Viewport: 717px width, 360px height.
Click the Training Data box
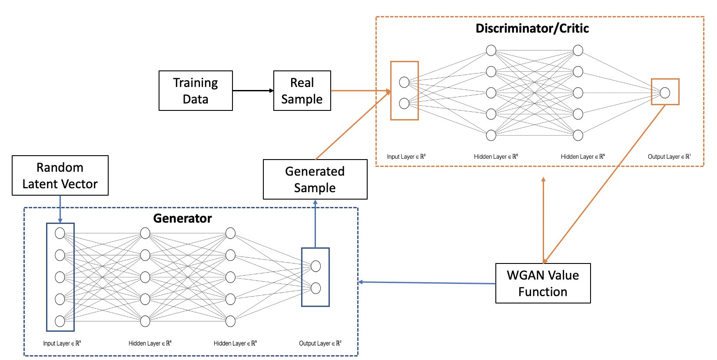(x=196, y=90)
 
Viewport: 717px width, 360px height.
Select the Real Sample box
(x=302, y=90)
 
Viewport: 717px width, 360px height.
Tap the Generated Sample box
(x=315, y=179)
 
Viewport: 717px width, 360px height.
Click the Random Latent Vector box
(x=60, y=175)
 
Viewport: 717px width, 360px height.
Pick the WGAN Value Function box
(x=543, y=283)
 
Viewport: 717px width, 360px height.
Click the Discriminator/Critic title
(x=532, y=28)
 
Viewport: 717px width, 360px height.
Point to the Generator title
(x=183, y=218)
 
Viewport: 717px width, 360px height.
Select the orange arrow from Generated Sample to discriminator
(x=352, y=126)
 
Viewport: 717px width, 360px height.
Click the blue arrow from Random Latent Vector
(x=60, y=209)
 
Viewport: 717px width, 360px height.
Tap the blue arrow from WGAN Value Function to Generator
(x=426, y=283)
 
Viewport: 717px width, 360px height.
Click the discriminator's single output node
(x=665, y=92)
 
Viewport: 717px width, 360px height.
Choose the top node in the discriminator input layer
(x=404, y=82)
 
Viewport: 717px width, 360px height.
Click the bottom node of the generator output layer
(x=316, y=288)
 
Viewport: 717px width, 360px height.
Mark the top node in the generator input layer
(x=60, y=233)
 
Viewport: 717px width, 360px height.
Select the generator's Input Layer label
(x=62, y=343)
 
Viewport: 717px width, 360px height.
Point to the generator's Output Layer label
(x=320, y=343)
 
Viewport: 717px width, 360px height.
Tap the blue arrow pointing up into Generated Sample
(x=315, y=224)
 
